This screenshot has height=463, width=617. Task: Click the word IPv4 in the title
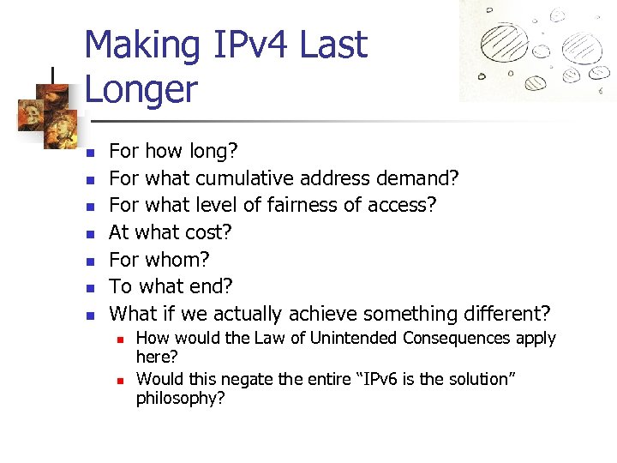point(252,45)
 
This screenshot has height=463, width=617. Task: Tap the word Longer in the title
point(141,89)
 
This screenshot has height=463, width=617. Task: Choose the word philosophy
point(180,398)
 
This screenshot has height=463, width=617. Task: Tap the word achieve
point(326,314)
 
